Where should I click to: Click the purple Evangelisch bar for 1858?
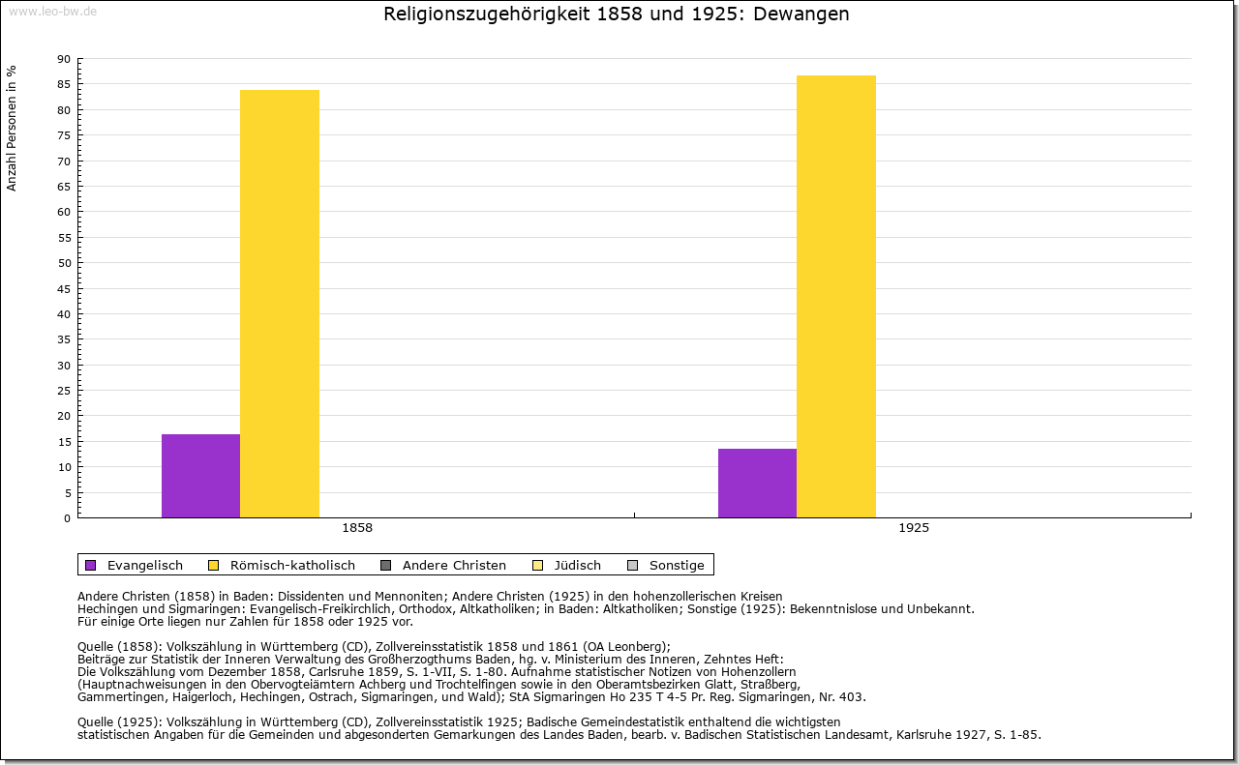[200, 476]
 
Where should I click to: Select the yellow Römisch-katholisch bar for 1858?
[280, 304]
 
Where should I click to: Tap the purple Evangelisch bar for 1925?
[757, 483]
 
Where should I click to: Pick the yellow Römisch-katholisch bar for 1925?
[836, 296]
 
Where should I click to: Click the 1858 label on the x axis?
[357, 529]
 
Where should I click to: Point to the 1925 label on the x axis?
[914, 529]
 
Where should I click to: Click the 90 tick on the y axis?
[64, 59]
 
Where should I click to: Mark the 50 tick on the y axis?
[64, 263]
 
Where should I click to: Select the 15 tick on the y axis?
[64, 442]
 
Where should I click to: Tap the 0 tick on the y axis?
[67, 518]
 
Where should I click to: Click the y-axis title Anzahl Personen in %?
[12, 128]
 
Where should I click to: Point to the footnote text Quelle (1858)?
[120, 647]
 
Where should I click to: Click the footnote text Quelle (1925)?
[120, 721]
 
